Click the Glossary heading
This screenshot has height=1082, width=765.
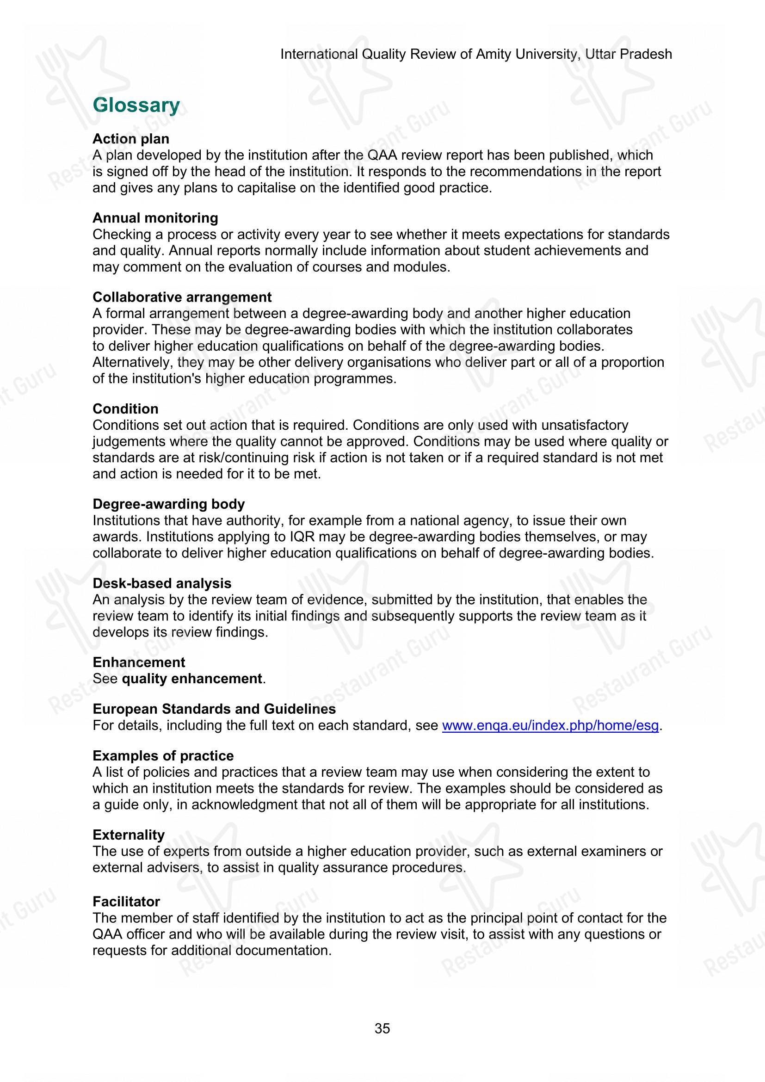click(136, 105)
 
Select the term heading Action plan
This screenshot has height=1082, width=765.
click(130, 139)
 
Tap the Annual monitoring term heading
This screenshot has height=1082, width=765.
click(155, 218)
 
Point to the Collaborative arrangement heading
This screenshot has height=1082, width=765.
click(182, 297)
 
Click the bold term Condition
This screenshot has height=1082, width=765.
click(125, 408)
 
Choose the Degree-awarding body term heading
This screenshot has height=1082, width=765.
click(168, 504)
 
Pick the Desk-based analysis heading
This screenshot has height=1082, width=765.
click(161, 583)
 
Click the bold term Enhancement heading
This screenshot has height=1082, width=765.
click(138, 662)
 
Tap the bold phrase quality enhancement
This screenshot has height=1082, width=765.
click(192, 679)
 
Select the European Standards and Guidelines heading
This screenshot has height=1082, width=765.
click(214, 709)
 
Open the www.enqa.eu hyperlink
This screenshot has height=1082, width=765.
click(550, 725)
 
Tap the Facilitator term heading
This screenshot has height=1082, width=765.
click(126, 902)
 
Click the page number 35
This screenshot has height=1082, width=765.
click(382, 1028)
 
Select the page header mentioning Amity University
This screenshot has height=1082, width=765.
click(476, 54)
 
